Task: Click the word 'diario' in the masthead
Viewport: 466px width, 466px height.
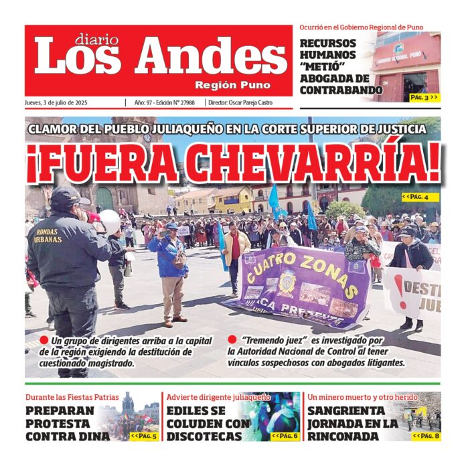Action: tap(96, 40)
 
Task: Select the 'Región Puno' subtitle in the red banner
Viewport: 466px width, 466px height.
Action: tap(232, 86)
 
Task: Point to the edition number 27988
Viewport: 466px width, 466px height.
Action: tap(183, 102)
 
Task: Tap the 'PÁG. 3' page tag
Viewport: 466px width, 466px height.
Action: tap(424, 97)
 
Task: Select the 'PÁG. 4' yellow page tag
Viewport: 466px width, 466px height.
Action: tap(420, 197)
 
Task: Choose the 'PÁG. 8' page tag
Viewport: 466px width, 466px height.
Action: tap(426, 436)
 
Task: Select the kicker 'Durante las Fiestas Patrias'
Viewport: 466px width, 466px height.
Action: tap(72, 398)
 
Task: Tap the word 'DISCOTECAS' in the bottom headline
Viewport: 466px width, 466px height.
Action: tap(204, 437)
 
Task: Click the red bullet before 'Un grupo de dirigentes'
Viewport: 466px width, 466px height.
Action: tap(44, 340)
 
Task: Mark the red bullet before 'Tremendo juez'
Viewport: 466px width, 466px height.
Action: tap(232, 340)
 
